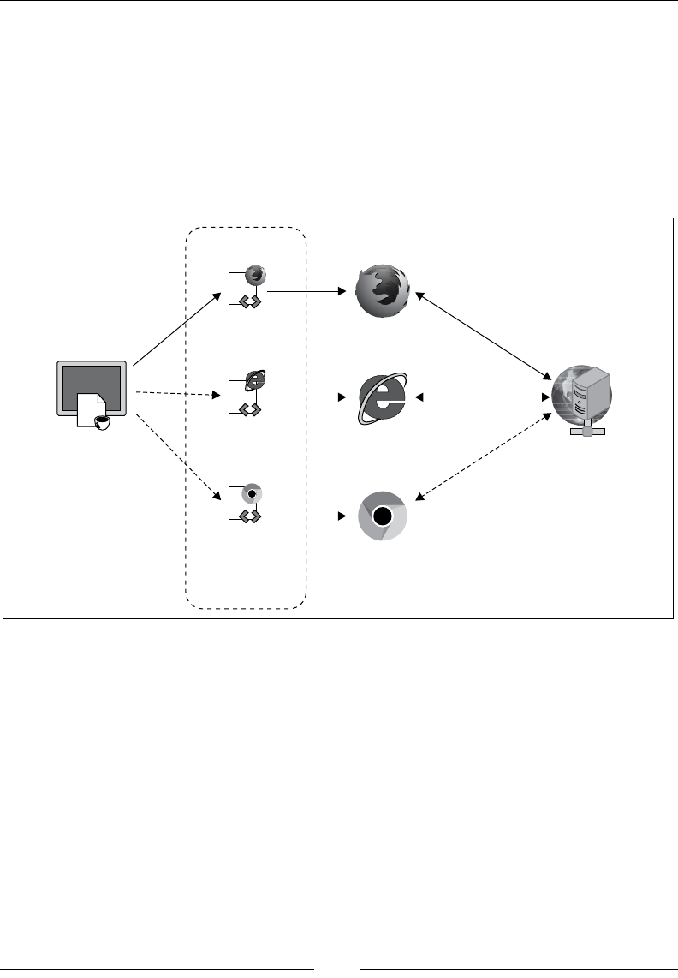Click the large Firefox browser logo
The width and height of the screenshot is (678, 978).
tap(383, 292)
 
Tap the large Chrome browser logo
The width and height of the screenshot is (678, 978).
tap(383, 516)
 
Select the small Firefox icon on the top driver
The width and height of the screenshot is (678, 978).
tap(256, 275)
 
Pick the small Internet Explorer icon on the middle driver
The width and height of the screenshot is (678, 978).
tap(256, 380)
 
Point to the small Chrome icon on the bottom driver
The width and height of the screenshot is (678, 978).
tap(253, 494)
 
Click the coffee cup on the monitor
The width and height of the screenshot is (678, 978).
tap(102, 421)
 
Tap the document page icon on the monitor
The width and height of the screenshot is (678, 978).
tap(91, 407)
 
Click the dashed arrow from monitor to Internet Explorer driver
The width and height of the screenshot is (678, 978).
tap(177, 395)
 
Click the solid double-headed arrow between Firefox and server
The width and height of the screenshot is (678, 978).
tap(484, 336)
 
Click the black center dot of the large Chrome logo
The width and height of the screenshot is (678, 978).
tap(383, 516)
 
